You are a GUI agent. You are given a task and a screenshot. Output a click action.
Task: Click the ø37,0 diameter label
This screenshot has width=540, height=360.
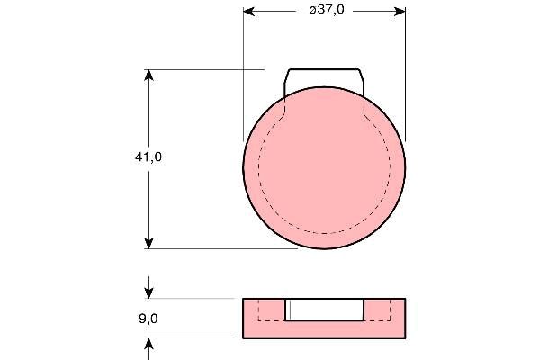[327, 10]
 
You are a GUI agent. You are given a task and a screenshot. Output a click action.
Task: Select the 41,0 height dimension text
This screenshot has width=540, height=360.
[148, 157]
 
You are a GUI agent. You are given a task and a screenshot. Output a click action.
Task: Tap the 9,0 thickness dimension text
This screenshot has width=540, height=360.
[148, 319]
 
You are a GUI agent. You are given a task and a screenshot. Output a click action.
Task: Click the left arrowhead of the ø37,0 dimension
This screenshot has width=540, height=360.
[249, 12]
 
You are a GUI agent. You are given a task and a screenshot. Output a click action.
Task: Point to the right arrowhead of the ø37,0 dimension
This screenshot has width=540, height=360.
[400, 12]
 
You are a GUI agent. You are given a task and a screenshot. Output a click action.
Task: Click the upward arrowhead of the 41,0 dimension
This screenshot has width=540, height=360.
[148, 76]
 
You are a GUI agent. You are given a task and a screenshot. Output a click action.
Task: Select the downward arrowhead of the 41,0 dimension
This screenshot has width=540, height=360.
[148, 243]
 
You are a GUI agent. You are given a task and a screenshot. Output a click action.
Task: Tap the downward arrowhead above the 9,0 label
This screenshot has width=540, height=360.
[148, 292]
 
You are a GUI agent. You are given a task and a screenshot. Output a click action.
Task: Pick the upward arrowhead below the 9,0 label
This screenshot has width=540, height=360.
[148, 344]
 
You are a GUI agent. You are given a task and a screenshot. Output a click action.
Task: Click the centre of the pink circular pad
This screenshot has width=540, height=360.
[324, 167]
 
